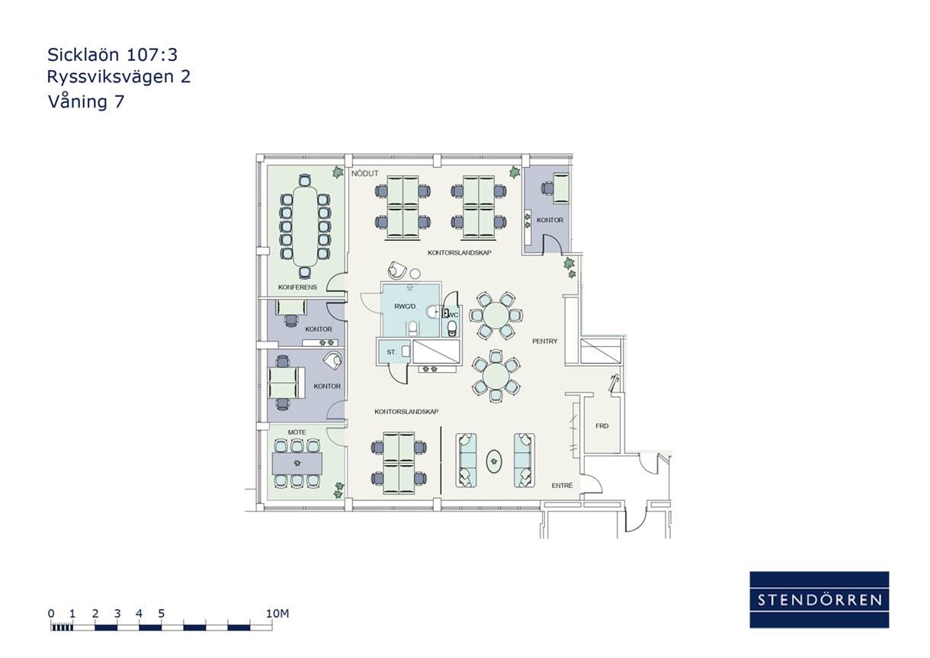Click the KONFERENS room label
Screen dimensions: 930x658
click(x=297, y=287)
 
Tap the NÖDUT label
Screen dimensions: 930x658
click(x=365, y=174)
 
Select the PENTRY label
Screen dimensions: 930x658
click(x=545, y=342)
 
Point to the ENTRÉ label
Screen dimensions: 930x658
click(x=562, y=485)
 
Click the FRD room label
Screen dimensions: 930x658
click(x=601, y=426)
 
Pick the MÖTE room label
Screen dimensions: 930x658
click(x=297, y=432)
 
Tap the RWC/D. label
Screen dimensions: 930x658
click(x=406, y=307)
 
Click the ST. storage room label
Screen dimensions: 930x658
click(x=391, y=352)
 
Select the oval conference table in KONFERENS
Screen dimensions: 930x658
click(x=305, y=226)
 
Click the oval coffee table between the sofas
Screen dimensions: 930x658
click(x=494, y=461)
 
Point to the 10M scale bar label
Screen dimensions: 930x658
click(x=277, y=613)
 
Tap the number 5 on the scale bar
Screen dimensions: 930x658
click(x=161, y=613)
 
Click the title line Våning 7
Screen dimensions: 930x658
click(x=86, y=101)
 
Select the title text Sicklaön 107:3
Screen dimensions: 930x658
click(x=113, y=54)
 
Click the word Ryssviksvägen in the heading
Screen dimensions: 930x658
click(x=110, y=77)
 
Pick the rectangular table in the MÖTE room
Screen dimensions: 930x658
click(x=297, y=464)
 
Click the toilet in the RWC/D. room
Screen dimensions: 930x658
click(x=413, y=328)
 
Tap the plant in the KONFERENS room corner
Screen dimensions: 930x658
click(x=338, y=172)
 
